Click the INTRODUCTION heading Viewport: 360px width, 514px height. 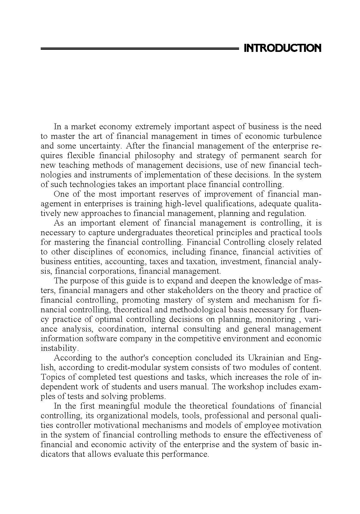[x=283, y=48]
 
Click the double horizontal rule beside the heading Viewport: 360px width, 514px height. [x=139, y=49]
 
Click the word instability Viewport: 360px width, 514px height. [x=59, y=348]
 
